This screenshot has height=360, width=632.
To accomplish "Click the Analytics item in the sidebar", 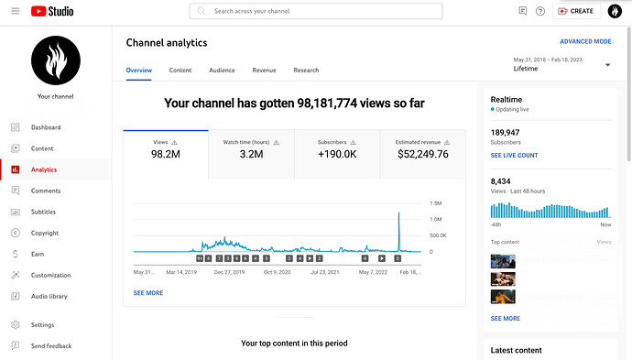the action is [44, 169].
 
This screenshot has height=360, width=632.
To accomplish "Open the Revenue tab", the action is [264, 71].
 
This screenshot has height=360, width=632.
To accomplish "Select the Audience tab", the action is [222, 71].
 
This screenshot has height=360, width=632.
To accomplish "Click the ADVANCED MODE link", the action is [585, 41].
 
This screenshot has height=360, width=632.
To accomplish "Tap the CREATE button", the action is [576, 11].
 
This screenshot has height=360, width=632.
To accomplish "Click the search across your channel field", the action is [316, 11].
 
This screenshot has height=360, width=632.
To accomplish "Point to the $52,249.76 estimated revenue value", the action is [423, 154].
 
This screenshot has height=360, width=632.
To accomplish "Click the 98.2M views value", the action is [166, 154].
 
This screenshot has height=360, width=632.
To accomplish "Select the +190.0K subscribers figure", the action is [337, 154].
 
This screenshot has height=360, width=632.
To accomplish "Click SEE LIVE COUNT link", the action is [514, 155].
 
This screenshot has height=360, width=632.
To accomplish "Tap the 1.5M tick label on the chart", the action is [436, 203].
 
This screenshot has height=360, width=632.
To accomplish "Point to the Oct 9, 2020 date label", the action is [277, 272].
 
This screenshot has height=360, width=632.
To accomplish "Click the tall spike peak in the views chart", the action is [399, 213].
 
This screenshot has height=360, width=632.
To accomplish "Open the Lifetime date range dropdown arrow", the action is [607, 65].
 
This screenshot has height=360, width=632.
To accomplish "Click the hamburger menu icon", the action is [16, 11].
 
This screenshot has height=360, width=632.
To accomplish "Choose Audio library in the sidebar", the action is [49, 296].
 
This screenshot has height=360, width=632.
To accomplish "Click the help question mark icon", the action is [540, 11].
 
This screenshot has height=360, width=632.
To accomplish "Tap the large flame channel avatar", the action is [56, 60].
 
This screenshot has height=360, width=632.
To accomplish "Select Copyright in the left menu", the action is [45, 233].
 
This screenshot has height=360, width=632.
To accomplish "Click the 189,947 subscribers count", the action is [505, 133].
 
